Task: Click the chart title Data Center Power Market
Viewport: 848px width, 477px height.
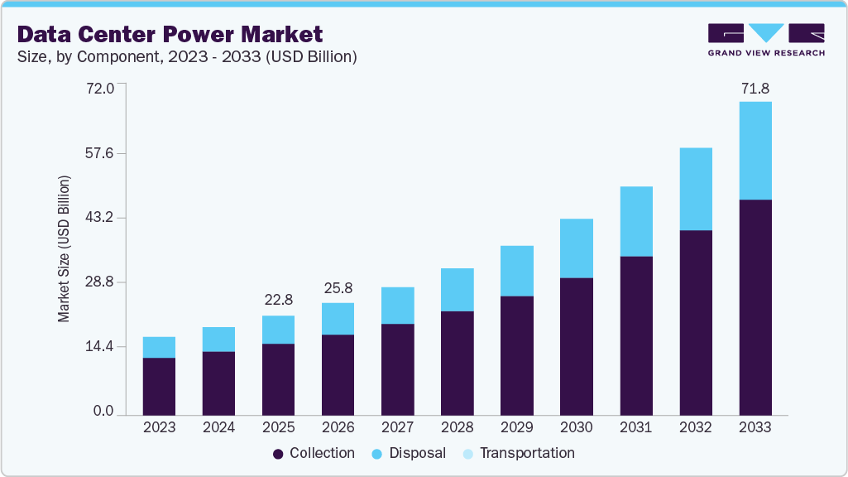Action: coord(170,35)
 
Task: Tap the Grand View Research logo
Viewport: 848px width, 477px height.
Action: coord(766,39)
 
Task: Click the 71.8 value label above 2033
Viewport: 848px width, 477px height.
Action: coord(755,88)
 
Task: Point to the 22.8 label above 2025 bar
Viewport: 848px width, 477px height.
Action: coord(278,300)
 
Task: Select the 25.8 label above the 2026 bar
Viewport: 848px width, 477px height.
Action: coord(338,288)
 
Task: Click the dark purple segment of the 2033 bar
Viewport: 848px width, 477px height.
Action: coord(755,306)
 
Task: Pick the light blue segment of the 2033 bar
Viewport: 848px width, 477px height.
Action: coord(755,151)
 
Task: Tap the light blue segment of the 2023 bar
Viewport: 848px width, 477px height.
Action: coord(159,347)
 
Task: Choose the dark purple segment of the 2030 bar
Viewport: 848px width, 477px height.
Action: coord(576,346)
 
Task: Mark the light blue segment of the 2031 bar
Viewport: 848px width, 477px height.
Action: coord(635,221)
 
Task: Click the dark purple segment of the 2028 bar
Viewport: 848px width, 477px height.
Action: coord(457,363)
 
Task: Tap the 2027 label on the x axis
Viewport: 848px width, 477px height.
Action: coord(397,427)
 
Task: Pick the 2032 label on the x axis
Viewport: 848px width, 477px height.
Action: coord(695,427)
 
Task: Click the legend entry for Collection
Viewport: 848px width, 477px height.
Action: coord(314,453)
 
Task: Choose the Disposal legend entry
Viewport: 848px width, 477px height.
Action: coord(410,453)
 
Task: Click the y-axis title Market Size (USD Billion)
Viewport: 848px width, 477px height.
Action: coord(64,248)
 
